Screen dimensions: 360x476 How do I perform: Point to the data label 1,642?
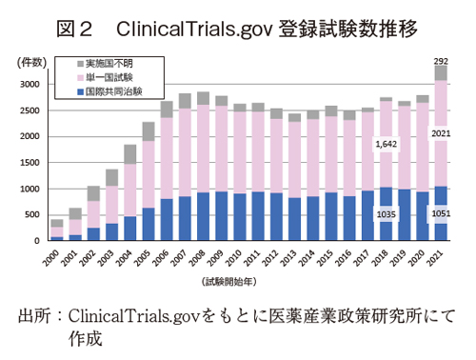(x=386, y=144)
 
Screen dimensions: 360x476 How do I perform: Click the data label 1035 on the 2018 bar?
(x=386, y=214)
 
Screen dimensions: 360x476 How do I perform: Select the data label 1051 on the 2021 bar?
(x=442, y=214)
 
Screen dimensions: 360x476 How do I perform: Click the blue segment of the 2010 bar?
(x=239, y=216)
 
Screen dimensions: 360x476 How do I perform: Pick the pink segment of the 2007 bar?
(x=184, y=152)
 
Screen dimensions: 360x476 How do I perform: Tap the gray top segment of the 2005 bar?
(x=148, y=131)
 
